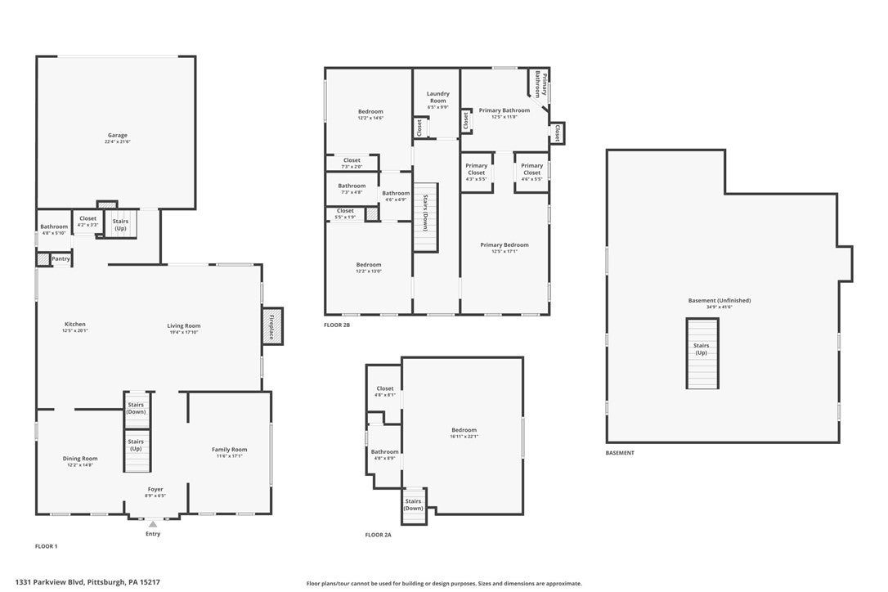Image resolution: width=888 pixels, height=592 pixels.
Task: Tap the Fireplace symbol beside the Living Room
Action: pos(271,325)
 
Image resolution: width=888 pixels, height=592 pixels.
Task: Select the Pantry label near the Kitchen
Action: pos(61,259)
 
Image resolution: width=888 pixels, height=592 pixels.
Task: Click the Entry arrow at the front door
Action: pos(153,523)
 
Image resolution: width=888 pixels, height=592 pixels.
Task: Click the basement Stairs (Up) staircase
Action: pos(702,354)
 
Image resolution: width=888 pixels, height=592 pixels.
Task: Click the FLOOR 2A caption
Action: pos(378,535)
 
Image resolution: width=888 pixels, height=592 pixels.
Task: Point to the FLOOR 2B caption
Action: pos(336,325)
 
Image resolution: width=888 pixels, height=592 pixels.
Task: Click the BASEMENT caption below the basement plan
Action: pos(619,452)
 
